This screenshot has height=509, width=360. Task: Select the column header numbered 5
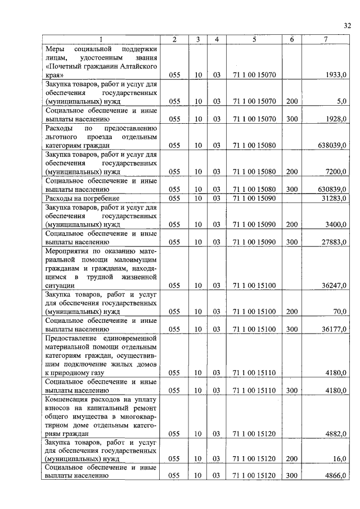[x=254, y=39]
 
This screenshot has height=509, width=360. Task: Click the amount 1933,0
[x=336, y=74]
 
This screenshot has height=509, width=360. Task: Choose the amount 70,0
[x=339, y=311]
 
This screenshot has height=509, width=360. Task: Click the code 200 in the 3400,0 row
[x=291, y=224]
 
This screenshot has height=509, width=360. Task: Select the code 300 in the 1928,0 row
[x=291, y=119]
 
